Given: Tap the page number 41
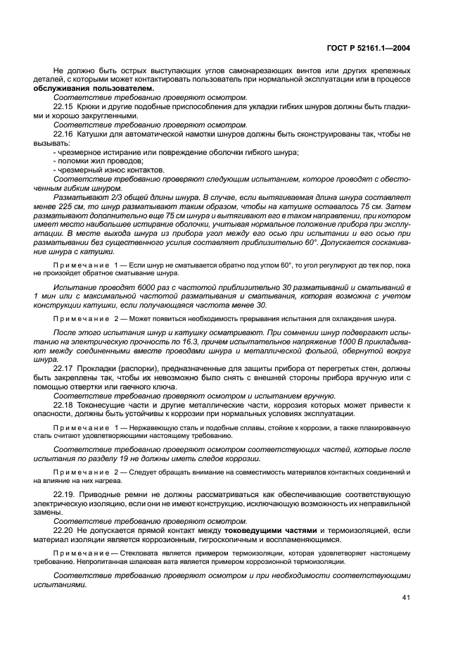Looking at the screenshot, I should [x=406, y=597].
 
